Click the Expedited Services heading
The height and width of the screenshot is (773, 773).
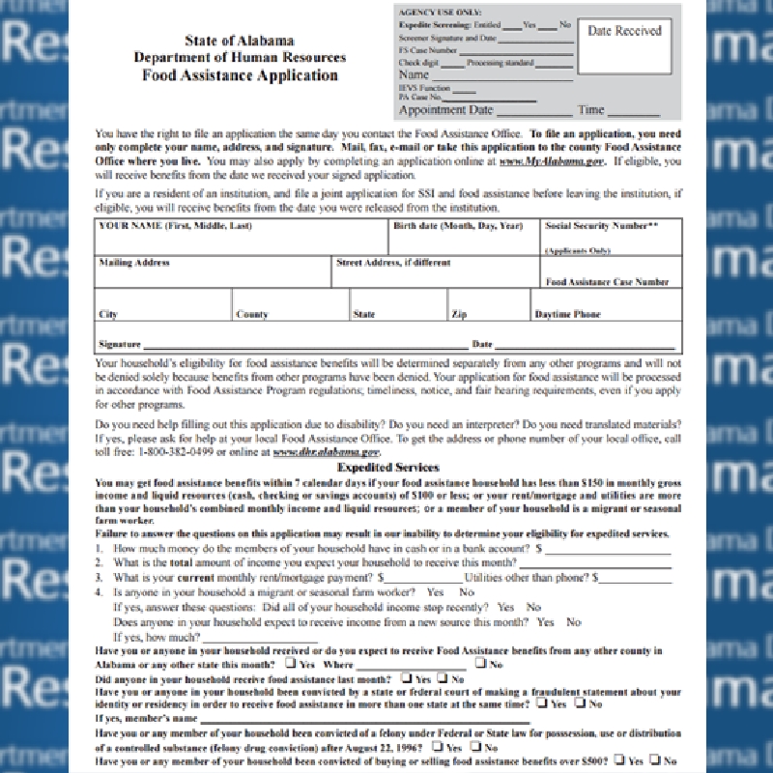(x=388, y=467)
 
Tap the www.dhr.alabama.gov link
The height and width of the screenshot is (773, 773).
(x=327, y=451)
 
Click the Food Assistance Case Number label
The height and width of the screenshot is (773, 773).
(x=607, y=282)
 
